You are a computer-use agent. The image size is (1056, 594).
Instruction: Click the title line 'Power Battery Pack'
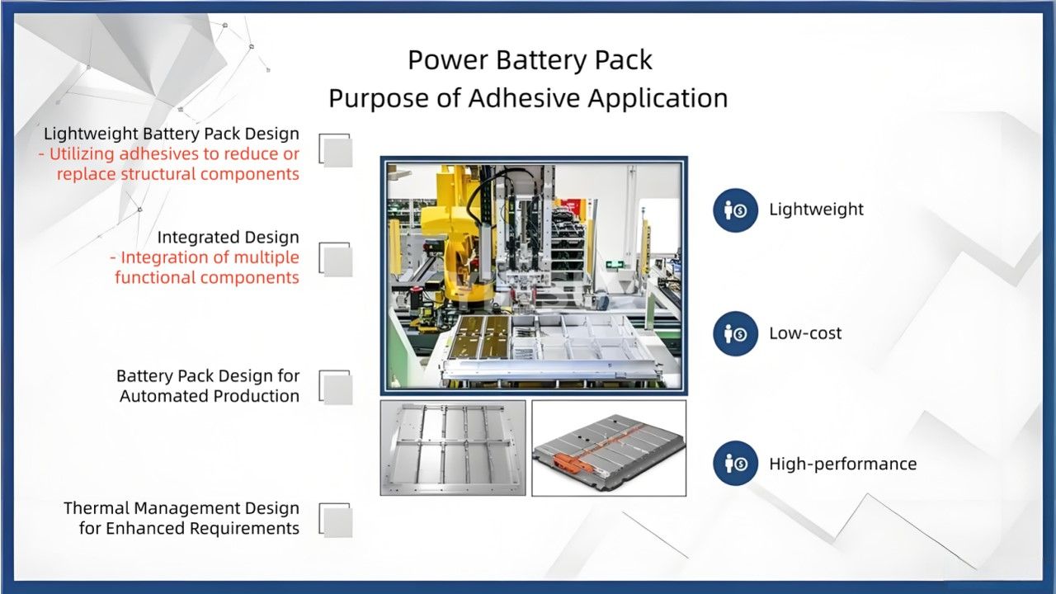click(x=530, y=60)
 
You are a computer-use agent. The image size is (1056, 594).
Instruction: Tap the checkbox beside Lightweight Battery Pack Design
click(x=337, y=152)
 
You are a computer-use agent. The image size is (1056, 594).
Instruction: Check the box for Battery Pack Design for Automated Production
click(x=337, y=389)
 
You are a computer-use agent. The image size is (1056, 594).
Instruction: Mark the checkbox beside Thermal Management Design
click(x=337, y=521)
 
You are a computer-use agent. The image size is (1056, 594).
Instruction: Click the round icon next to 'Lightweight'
click(x=735, y=210)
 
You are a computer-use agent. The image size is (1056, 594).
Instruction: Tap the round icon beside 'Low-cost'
click(x=735, y=333)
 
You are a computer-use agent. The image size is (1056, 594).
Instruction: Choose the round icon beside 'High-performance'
click(x=735, y=464)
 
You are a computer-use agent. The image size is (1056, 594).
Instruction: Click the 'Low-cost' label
click(x=805, y=333)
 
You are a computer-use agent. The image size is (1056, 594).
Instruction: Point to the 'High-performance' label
click(x=842, y=464)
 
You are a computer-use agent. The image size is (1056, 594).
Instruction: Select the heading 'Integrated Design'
click(x=229, y=238)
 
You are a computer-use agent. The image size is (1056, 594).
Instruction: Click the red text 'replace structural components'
click(x=177, y=174)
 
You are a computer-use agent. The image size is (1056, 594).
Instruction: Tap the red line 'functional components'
click(x=207, y=277)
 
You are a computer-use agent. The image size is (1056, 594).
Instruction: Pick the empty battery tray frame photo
click(x=452, y=448)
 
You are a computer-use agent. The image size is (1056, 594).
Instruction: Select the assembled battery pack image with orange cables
click(x=608, y=448)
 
